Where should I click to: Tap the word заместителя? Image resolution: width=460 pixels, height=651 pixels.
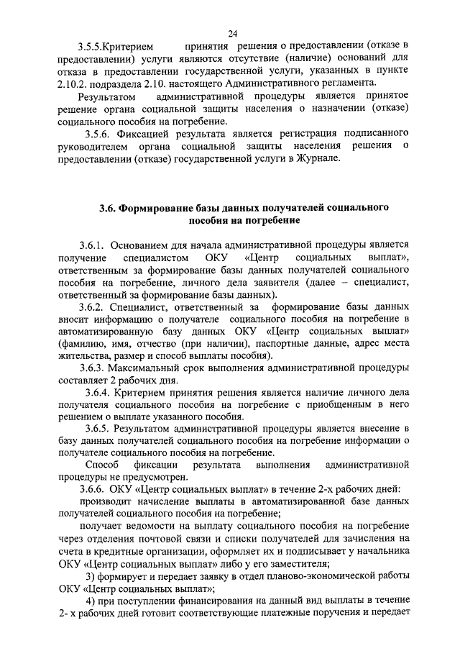(x=298, y=565)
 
